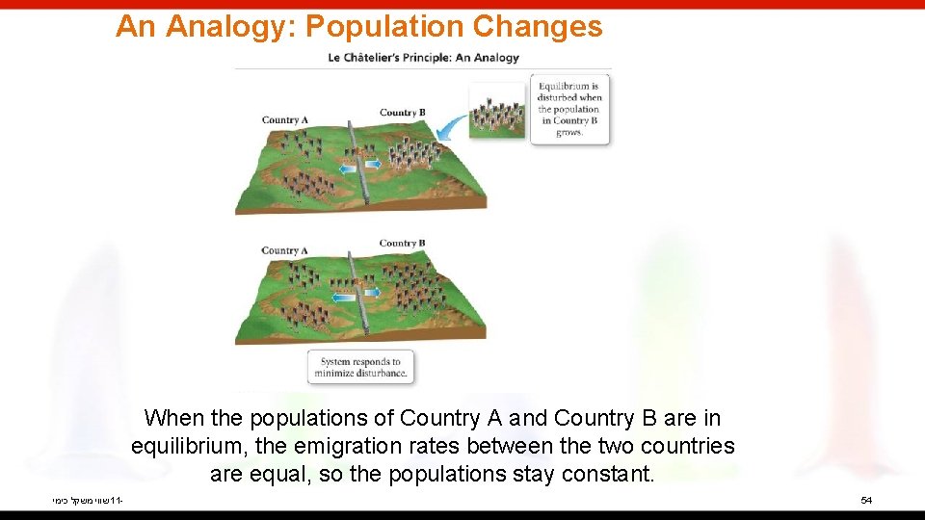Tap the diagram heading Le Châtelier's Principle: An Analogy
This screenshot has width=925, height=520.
(423, 57)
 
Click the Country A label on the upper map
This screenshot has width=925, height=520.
(284, 120)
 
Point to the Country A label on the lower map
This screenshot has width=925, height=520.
(284, 250)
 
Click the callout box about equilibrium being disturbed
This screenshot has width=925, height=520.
(569, 110)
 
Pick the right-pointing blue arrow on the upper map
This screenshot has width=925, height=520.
(372, 165)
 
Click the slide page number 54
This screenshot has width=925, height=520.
(866, 501)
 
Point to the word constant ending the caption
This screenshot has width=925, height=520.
(606, 475)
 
